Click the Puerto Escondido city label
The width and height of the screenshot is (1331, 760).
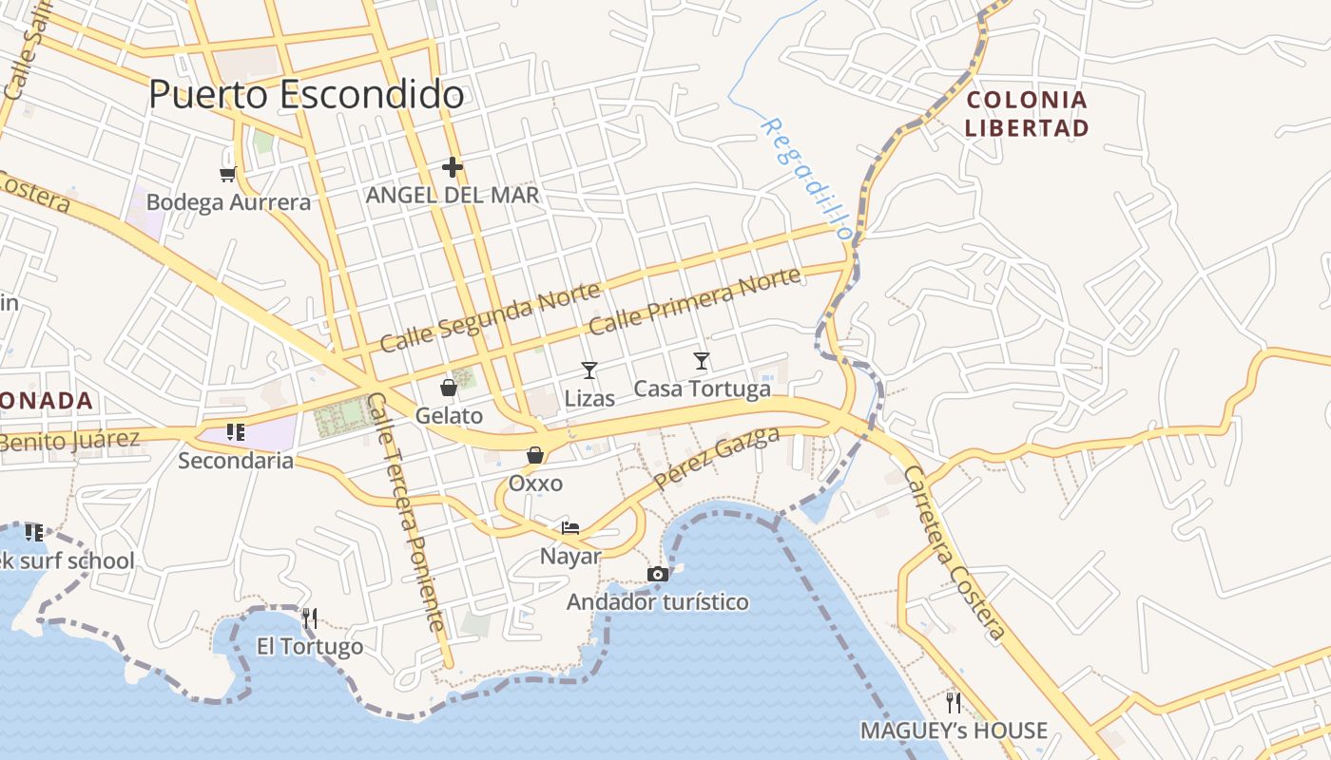click(306, 94)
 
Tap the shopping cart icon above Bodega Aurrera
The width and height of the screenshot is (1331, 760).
click(227, 174)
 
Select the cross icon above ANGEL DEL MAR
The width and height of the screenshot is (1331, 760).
click(453, 168)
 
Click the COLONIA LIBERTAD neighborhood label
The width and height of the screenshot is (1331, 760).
click(1027, 113)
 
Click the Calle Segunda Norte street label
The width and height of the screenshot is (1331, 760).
click(490, 316)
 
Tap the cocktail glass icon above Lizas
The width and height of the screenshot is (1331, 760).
click(589, 370)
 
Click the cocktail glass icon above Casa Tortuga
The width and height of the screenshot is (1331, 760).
click(702, 361)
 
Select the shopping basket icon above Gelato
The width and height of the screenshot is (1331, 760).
click(449, 388)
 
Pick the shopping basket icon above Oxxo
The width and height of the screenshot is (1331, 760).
click(535, 455)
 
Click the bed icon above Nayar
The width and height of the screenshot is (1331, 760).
click(570, 528)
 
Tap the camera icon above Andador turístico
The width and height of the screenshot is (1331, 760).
click(657, 574)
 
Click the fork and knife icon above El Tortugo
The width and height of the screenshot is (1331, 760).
click(309, 618)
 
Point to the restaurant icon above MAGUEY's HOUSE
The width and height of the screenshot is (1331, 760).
click(954, 703)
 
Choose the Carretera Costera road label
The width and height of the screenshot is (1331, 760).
click(953, 552)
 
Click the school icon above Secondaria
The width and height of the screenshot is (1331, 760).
click(236, 432)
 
